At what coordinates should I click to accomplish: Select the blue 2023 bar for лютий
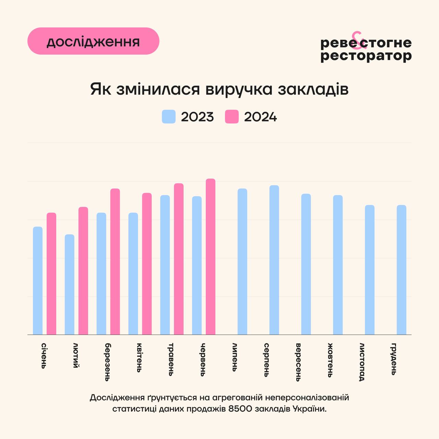click(69, 284)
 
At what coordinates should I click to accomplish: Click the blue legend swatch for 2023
click(169, 117)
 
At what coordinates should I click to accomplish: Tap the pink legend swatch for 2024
click(232, 117)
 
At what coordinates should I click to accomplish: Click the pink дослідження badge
click(93, 41)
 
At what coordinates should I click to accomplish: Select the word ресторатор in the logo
click(366, 56)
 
